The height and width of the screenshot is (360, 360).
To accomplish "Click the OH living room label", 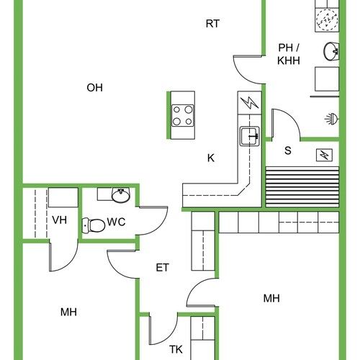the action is coord(94,88).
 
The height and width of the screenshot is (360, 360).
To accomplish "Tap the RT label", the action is coord(212,24).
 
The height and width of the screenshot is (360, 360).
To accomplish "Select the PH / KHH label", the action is coord(289,54).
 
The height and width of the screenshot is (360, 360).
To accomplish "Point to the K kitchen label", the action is coord(211,158).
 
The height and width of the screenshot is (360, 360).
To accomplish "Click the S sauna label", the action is coord(288,150).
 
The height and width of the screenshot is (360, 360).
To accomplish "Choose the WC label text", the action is coord(116,222).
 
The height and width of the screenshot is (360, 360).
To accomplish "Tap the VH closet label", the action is coord(60,220).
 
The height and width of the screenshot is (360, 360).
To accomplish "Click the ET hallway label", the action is coord(163,268).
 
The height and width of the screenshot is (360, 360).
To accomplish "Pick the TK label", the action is coord(176,349).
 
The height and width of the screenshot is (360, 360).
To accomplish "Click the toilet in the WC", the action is coord(94,225).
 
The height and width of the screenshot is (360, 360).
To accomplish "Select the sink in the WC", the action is coord(121,195).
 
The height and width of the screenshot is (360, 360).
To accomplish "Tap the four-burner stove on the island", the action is coord(183,116).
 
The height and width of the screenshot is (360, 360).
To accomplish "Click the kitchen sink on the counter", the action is coord(250,136).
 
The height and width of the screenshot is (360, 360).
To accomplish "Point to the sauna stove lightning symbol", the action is coord(324,156).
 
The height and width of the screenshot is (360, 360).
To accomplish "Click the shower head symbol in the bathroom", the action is coord(332,119).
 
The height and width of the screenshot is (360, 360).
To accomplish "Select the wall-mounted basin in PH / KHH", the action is coord(331,51).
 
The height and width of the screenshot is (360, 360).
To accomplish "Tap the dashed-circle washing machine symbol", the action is coord(327,19).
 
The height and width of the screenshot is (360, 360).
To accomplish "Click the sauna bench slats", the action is coord(302,186).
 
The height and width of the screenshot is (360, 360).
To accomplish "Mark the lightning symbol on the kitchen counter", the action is coord(250,103).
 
